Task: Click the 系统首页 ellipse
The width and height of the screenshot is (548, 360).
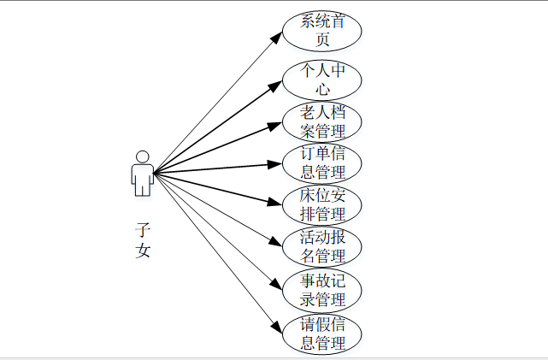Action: pyautogui.click(x=323, y=32)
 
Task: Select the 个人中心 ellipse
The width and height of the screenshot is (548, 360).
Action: pyautogui.click(x=323, y=79)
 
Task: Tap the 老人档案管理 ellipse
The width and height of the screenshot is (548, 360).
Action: pyautogui.click(x=323, y=121)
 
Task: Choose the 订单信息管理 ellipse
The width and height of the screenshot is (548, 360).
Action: pyautogui.click(x=323, y=163)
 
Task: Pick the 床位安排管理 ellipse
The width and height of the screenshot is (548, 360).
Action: pyautogui.click(x=323, y=205)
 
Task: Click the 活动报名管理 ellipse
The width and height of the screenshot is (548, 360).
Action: pyautogui.click(x=323, y=246)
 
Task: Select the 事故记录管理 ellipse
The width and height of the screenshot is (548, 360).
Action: pyautogui.click(x=323, y=290)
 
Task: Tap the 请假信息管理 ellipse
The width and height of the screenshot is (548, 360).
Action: pyautogui.click(x=323, y=334)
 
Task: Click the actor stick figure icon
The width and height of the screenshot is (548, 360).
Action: pyautogui.click(x=143, y=174)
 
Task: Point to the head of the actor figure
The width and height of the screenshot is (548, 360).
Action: pyautogui.click(x=143, y=156)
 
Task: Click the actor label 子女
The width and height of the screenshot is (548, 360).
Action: pyautogui.click(x=143, y=240)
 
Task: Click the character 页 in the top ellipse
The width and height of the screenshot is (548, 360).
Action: pyautogui.click(x=323, y=39)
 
